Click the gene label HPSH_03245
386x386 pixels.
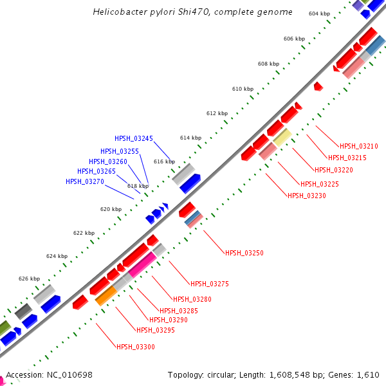(134, 138)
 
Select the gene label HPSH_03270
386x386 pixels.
(85, 181)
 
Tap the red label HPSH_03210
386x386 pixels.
(359, 146)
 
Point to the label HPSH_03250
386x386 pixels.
(244, 253)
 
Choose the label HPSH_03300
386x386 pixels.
(135, 347)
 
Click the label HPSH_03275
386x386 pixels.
(210, 284)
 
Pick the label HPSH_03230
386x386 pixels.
(307, 196)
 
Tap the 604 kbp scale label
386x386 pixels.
(320, 14)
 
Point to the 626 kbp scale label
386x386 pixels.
(30, 279)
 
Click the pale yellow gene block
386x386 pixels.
(282, 136)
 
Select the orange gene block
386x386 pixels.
(106, 295)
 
